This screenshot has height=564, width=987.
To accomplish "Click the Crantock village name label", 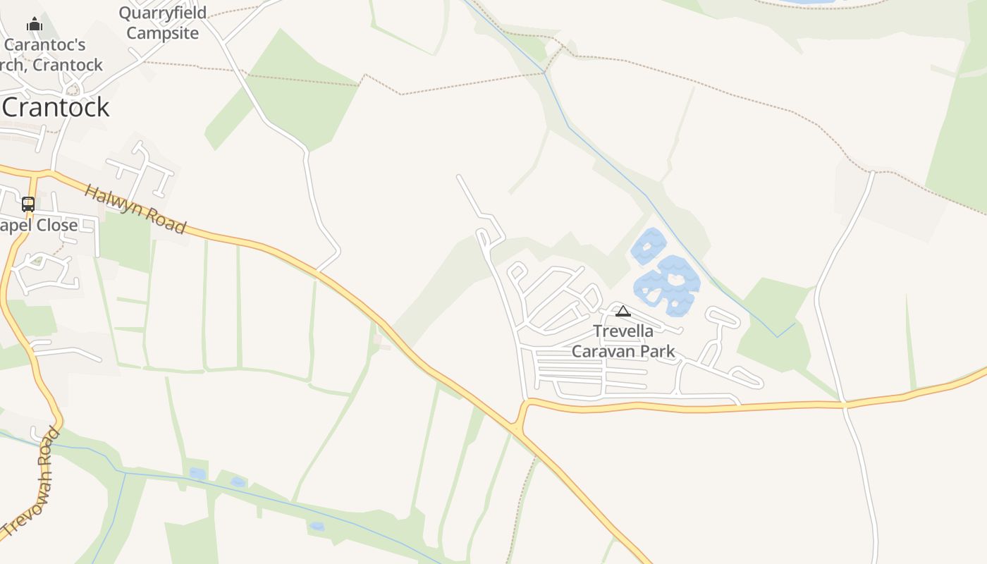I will (56, 107).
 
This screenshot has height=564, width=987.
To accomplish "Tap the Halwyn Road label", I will (135, 209).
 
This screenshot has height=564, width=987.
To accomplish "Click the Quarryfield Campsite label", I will (163, 23).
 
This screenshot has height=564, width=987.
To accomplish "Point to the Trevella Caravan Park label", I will (623, 341).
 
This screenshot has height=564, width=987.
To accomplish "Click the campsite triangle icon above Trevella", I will (623, 311).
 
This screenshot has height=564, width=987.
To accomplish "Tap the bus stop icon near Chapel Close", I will (28, 204).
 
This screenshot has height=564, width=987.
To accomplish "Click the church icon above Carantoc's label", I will (34, 25).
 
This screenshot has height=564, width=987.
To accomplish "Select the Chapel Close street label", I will (39, 226).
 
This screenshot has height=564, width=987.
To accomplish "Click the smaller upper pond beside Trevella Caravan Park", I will (648, 246).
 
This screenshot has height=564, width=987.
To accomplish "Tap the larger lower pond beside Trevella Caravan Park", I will (668, 285).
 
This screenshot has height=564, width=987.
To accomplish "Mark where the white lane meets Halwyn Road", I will (319, 270).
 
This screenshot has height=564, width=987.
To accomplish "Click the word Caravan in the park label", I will (601, 351).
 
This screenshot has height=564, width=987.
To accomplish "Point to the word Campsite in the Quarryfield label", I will (163, 33).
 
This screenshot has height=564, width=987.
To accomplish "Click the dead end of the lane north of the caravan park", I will (459, 177).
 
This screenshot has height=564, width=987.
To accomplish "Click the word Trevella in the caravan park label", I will (623, 331).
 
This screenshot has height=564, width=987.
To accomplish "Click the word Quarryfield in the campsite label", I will (163, 13).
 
